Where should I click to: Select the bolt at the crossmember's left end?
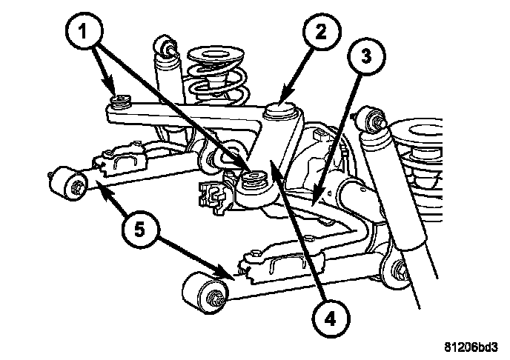pos(119,101)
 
